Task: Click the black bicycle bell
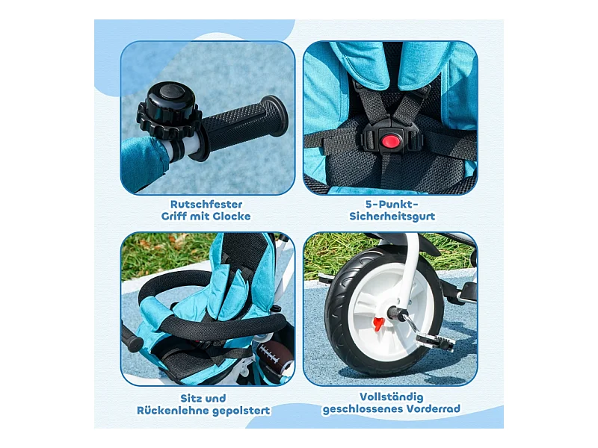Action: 170,109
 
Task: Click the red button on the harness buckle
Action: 391,141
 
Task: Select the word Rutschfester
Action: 206,204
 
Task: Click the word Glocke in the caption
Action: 232,217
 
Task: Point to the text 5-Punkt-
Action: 392,204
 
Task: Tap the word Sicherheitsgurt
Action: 392,217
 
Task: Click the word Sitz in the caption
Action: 189,399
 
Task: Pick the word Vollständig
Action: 391,397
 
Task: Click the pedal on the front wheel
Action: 435,340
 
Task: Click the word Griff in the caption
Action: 173,217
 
